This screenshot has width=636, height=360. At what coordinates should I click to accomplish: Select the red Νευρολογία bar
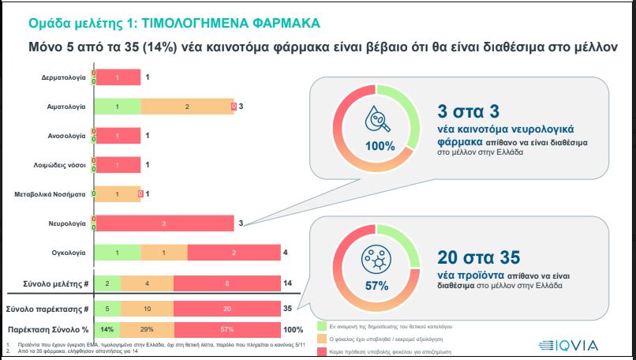pos(164,223)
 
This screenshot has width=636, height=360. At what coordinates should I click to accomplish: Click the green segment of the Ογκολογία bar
pos(118,253)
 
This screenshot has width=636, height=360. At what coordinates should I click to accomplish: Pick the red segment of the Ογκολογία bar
pos(234,253)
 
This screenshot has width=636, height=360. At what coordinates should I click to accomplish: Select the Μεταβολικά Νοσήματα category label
pos(51,194)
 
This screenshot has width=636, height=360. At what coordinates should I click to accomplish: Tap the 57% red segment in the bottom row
pos(227,328)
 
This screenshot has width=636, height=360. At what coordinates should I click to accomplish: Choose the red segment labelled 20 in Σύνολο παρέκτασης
pos(227,308)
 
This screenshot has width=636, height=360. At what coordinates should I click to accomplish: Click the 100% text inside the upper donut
pos(380,145)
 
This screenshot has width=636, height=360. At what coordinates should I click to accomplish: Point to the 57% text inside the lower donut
pos(380,285)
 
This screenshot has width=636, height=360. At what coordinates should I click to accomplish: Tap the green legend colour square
pos(322,325)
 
